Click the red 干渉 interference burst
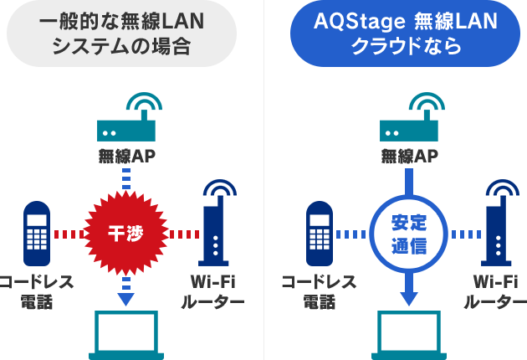tap(126, 233)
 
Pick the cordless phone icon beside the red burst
tap(35, 230)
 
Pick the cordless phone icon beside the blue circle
tap(319, 230)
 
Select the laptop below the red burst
tap(126, 335)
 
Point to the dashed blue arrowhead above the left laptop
tap(126, 297)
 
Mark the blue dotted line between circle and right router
tap(463, 234)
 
